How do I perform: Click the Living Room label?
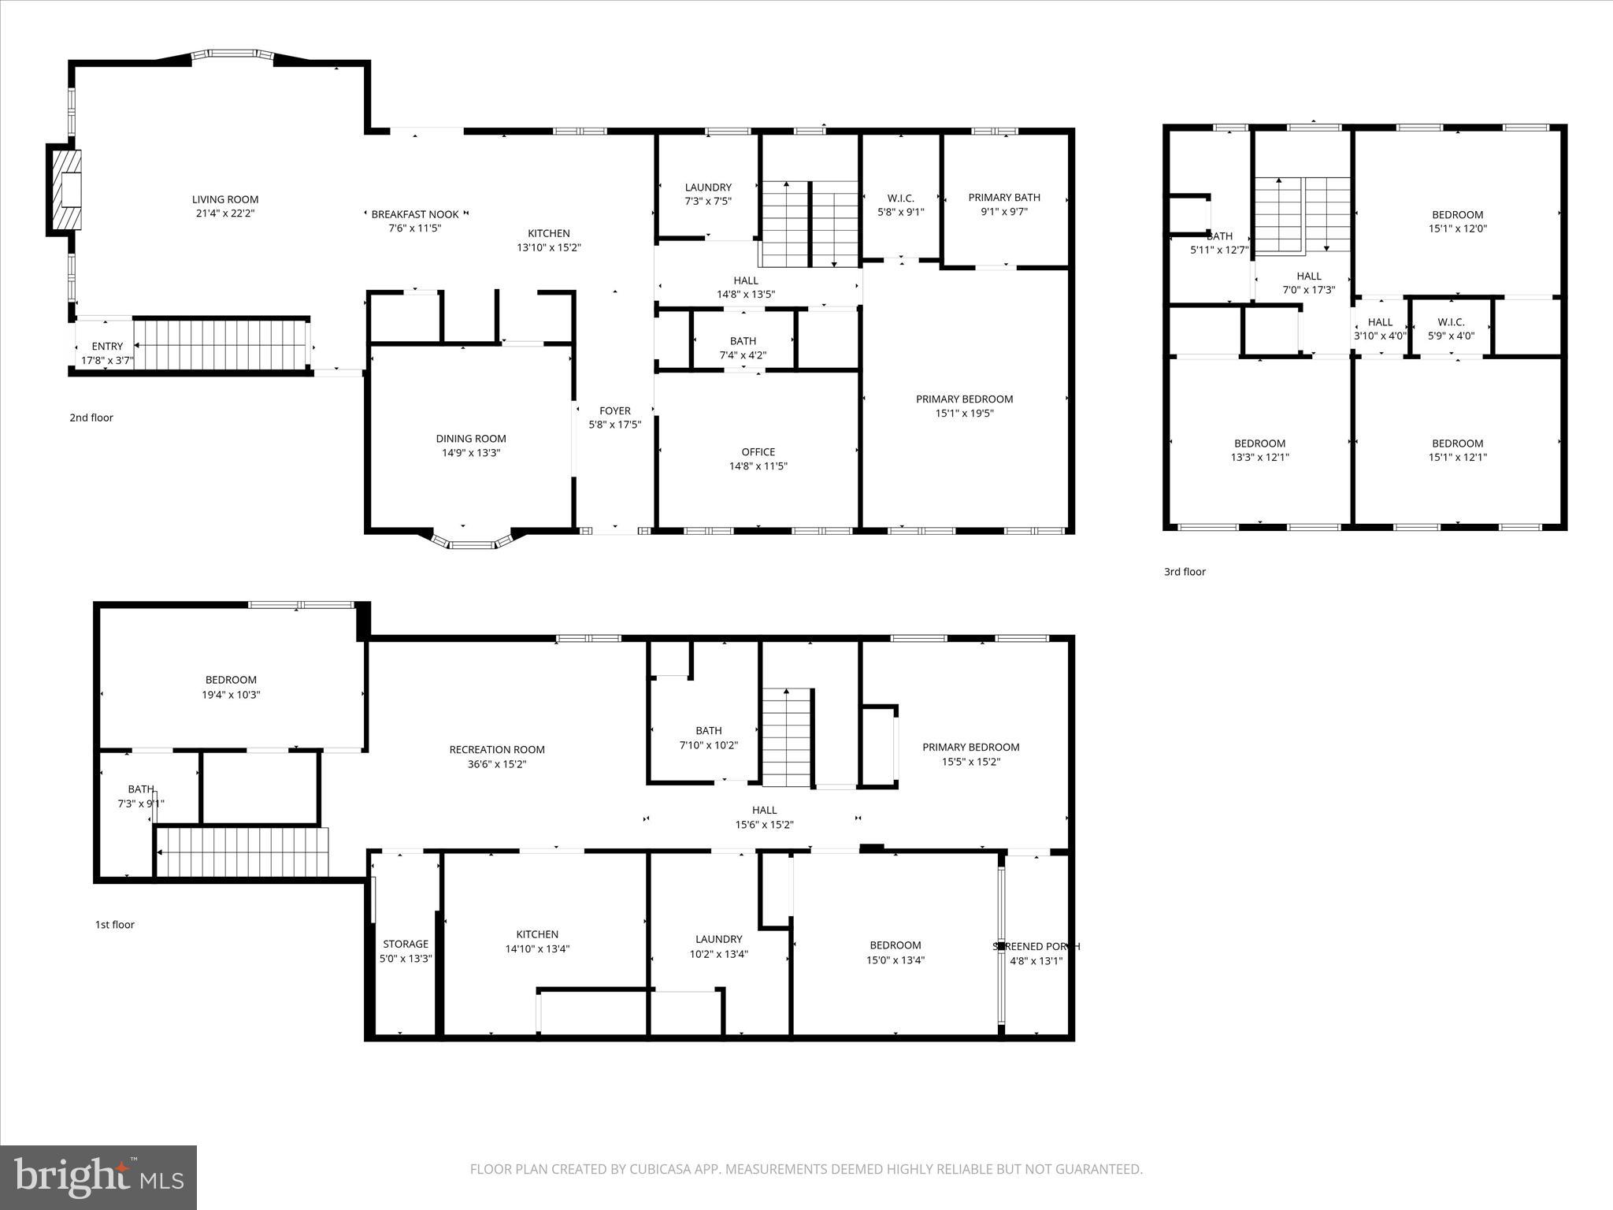point(225,199)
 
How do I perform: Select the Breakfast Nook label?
point(415,214)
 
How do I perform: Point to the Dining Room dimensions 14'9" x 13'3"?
point(471,453)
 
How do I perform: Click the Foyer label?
point(615,410)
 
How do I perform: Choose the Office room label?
point(758,451)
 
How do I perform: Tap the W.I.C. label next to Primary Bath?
point(900,198)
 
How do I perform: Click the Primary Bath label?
point(1004,198)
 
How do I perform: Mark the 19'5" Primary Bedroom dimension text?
point(964,413)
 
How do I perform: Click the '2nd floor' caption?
point(91,418)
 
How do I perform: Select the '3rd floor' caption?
point(1185,572)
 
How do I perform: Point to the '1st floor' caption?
point(115,925)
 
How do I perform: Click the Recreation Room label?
point(497,749)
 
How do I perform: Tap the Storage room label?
point(406,944)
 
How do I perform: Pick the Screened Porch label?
point(1036,946)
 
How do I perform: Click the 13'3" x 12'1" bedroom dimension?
point(1259,458)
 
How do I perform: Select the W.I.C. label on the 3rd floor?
point(1451,321)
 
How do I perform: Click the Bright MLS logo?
point(99,1177)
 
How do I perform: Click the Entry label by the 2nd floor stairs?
point(107,346)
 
